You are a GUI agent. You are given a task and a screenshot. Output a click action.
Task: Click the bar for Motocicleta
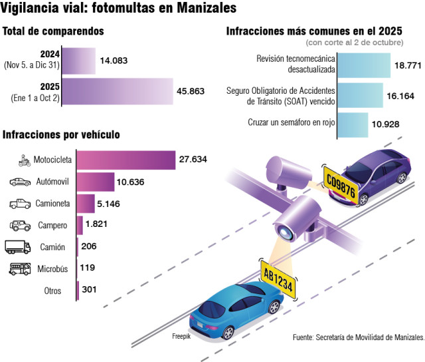point(126,160)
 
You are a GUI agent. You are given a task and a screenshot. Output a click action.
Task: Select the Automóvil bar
point(96,182)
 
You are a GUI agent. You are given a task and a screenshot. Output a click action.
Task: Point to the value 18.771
point(409,65)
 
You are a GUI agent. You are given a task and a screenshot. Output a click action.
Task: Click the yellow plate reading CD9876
point(341,186)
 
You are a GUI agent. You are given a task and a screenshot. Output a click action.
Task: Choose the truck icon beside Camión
point(18,247)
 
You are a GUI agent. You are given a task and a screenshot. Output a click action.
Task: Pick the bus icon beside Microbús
point(19,269)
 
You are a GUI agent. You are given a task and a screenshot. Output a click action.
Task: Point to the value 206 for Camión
point(88,247)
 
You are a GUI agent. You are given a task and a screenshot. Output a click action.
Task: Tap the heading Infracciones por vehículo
point(61,134)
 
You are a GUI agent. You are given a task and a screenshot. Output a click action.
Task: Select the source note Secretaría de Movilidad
point(359,337)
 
